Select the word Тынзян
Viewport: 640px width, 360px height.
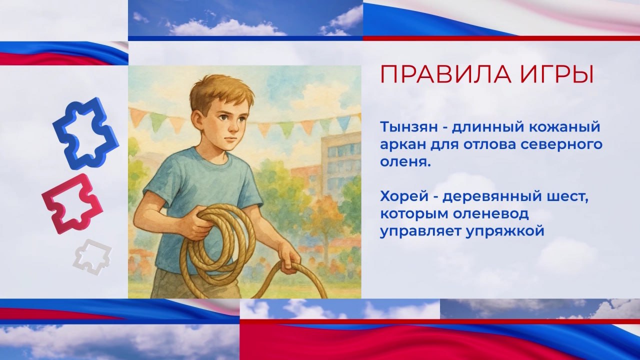click(409, 127)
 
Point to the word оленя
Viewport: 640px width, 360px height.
click(405, 162)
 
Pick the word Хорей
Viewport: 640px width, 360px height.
click(404, 197)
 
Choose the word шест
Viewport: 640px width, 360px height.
click(566, 197)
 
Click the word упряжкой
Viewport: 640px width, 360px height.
click(505, 231)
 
